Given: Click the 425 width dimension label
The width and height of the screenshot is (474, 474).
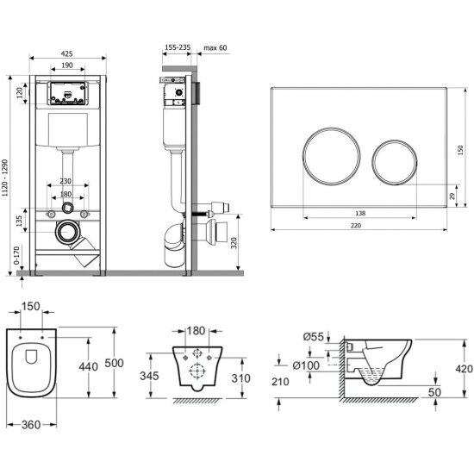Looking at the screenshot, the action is coord(67,53).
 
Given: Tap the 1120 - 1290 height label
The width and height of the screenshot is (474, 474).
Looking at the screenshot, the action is coord(5,178).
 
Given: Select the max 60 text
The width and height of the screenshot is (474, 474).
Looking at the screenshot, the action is coord(215,47).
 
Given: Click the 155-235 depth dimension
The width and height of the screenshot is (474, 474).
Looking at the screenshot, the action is coord(178,47).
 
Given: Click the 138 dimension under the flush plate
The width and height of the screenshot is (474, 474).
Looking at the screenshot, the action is coord(360,214).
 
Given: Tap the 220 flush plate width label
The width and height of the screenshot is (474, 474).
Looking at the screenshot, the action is coord(356,226).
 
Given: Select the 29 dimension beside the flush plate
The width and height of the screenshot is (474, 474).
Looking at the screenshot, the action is coord(452,196).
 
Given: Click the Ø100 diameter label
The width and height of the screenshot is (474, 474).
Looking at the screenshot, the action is coord(306,365).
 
